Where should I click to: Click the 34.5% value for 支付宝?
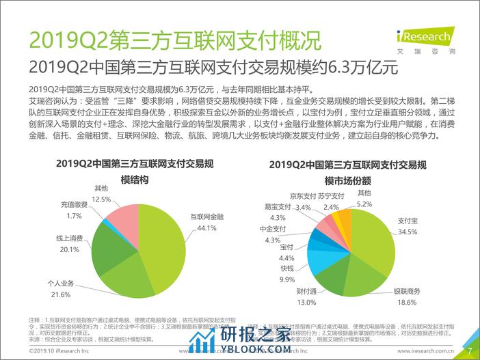pos(408,232)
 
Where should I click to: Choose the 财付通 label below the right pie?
pos(306,292)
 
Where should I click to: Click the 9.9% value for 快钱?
pos(286,279)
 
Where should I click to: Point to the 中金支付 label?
pos(273,230)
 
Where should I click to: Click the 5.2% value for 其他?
pos(364,204)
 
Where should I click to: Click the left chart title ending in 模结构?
pos(101,180)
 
